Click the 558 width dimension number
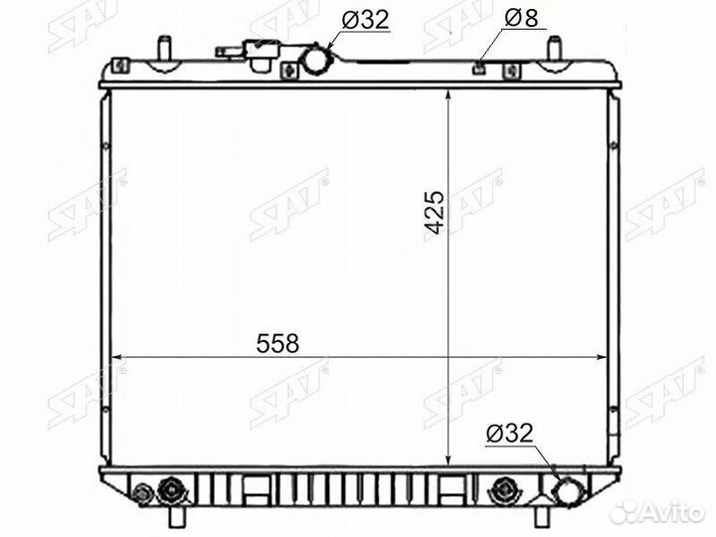(x=277, y=343)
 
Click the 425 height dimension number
(x=434, y=213)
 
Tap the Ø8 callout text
(x=521, y=18)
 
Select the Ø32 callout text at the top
(x=365, y=20)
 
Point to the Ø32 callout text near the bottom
(x=509, y=433)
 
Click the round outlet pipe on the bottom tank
(x=569, y=491)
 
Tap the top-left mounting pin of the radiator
(x=164, y=48)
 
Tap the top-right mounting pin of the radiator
(x=554, y=48)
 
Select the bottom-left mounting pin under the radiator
(x=178, y=516)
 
